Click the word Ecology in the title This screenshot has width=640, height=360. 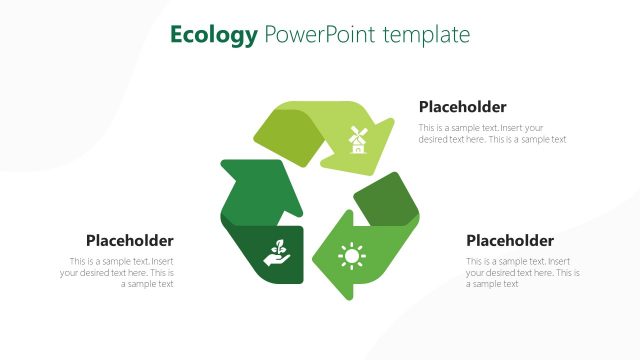pyautogui.click(x=214, y=36)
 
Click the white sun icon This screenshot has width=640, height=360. pyautogui.click(x=351, y=257)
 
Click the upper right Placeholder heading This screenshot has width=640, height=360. pyautogui.click(x=462, y=107)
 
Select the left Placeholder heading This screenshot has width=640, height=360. pyautogui.click(x=129, y=240)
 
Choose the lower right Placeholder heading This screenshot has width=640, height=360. pyautogui.click(x=510, y=240)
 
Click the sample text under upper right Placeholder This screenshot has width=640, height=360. pyautogui.click(x=492, y=134)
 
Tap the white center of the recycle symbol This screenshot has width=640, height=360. pyautogui.click(x=318, y=200)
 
